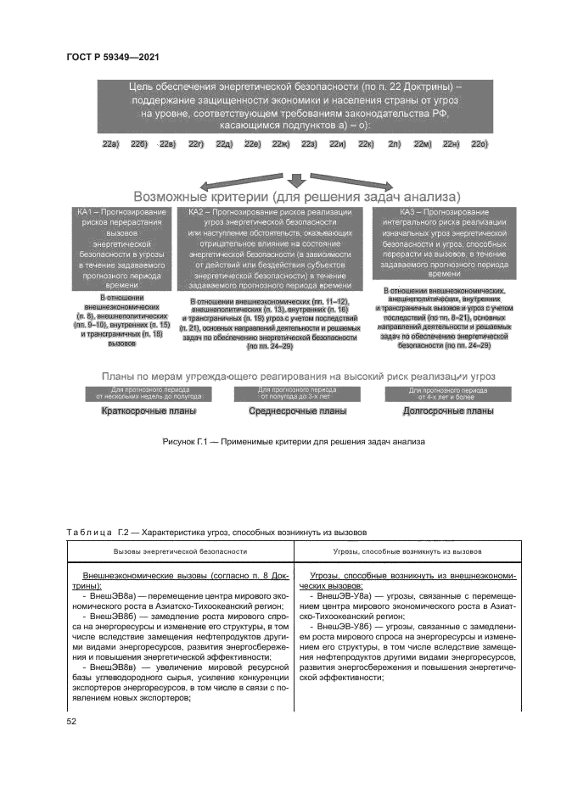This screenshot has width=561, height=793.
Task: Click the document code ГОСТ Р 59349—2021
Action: coord(113,57)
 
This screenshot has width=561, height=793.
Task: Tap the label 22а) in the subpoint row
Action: coord(110,145)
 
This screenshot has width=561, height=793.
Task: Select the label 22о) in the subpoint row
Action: coord(480,145)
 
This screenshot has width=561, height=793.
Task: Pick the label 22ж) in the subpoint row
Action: coord(281,145)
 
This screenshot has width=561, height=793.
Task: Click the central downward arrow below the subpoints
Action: coord(296,178)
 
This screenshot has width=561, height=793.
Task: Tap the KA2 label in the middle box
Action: coord(198,211)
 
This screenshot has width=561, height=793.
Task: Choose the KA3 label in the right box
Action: coord(408,211)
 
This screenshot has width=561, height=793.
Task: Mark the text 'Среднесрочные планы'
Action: coord(297,411)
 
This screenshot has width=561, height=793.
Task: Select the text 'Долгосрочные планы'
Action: coord(448,411)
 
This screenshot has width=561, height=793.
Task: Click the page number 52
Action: coord(71,721)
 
